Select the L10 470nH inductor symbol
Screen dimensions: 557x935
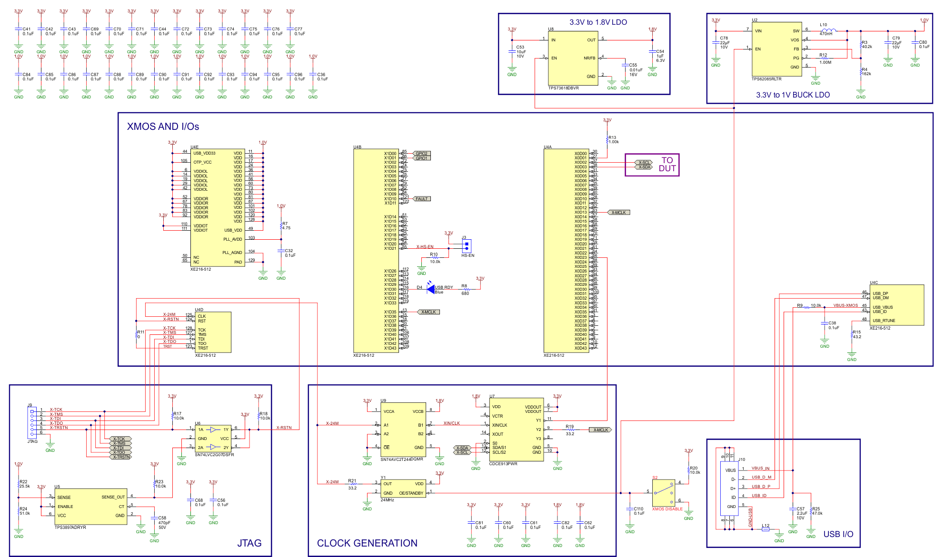[x=828, y=30]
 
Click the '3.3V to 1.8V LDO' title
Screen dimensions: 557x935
[x=598, y=22]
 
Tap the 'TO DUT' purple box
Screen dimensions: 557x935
[x=652, y=165]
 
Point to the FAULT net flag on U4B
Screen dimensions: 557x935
[x=421, y=199]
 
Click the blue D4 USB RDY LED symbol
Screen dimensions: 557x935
[x=430, y=289]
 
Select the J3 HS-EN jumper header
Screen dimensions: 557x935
[x=467, y=246]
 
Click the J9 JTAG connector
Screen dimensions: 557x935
[x=32, y=422]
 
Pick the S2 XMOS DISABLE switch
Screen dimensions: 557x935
[x=663, y=493]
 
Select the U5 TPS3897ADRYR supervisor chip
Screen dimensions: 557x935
[x=90, y=507]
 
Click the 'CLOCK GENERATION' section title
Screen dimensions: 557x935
[x=367, y=543]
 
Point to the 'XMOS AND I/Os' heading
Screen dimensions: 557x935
[x=163, y=127]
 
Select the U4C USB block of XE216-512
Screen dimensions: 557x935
[x=896, y=305]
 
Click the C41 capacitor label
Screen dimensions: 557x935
[x=27, y=29]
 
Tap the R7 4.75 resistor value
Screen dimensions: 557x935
[x=286, y=228]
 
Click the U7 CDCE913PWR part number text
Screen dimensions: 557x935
[x=503, y=464]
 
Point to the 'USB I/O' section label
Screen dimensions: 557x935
[x=838, y=534]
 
